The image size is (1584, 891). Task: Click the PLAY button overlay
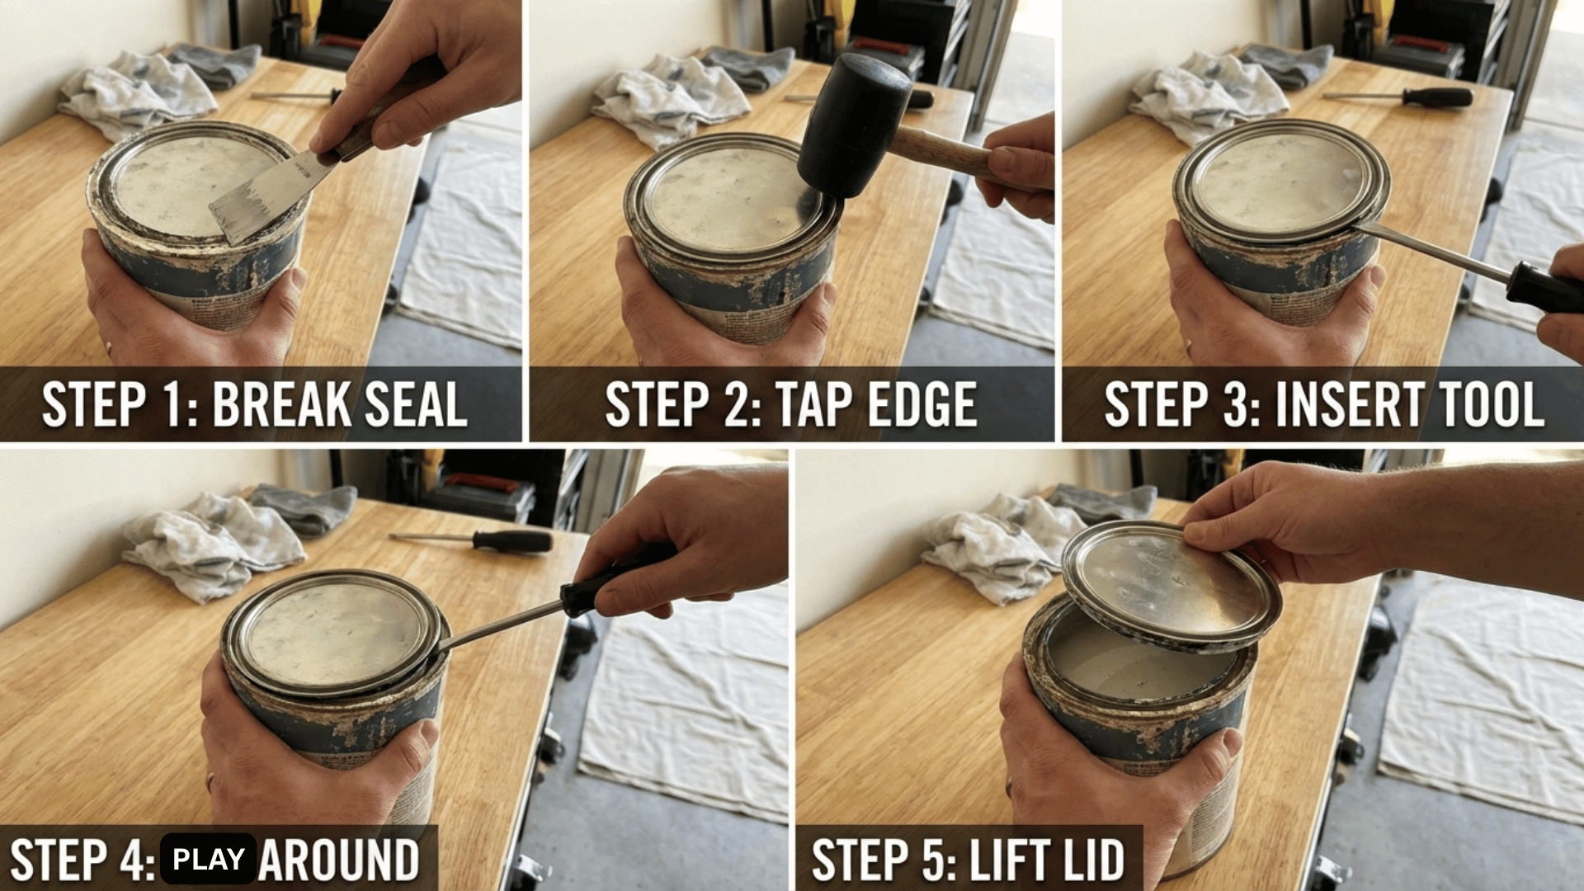pyautogui.click(x=208, y=859)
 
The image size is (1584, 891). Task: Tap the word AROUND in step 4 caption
pyautogui.click(x=338, y=860)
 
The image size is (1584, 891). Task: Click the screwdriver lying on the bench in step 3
pyautogui.click(x=1419, y=97)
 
